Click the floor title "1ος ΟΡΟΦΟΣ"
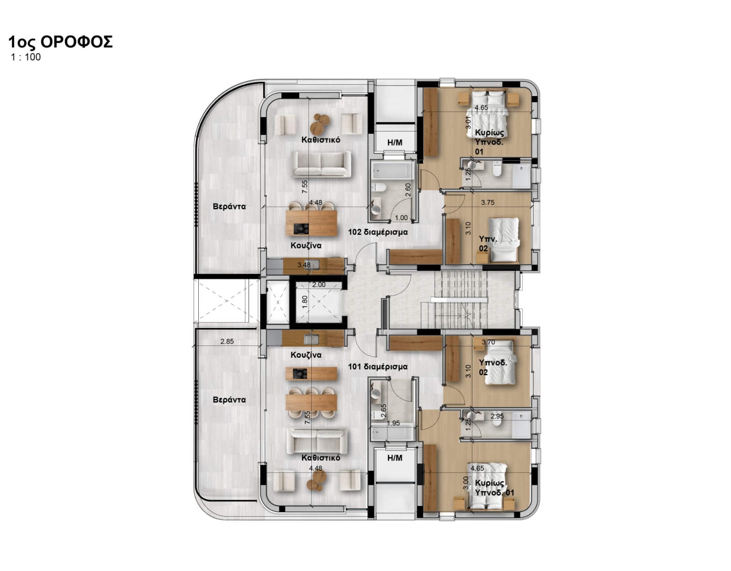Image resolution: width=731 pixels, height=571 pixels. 60,42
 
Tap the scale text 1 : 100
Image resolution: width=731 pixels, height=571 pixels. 26,57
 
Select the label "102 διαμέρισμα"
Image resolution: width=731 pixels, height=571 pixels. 378,232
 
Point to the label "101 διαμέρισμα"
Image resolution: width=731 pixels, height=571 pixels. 378,366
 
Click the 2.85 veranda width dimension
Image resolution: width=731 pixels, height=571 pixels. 227,341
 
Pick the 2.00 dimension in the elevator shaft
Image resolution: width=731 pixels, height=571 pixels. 318,285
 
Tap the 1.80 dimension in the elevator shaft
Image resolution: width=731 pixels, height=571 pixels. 305,302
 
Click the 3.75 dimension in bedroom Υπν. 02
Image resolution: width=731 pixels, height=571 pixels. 488,203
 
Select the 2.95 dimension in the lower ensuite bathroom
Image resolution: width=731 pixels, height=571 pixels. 497,416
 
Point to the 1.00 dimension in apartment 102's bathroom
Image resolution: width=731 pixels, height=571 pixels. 401,218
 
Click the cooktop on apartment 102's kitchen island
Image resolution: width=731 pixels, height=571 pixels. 301,229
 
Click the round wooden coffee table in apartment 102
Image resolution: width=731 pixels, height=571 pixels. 319,124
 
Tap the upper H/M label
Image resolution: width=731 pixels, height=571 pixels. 395,142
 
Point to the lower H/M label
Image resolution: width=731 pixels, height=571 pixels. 395,458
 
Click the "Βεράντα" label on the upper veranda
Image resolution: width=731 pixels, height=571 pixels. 229,206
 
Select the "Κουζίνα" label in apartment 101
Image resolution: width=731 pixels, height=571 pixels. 306,355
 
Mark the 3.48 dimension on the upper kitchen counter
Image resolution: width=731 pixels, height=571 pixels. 304,265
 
